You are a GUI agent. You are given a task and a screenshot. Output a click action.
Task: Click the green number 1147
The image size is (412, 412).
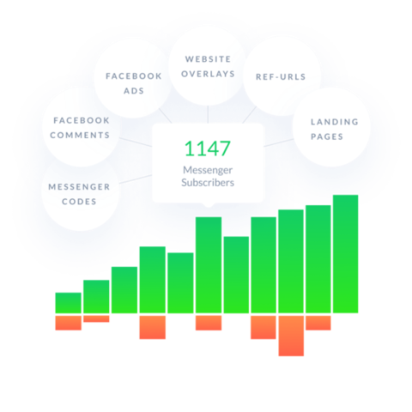coord(207,148)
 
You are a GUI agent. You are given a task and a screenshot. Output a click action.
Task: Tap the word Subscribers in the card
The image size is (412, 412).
coord(208,183)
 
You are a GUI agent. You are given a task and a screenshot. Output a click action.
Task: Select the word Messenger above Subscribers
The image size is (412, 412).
coord(208,170)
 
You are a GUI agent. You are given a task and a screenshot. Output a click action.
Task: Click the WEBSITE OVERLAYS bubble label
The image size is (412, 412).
coord(208,66)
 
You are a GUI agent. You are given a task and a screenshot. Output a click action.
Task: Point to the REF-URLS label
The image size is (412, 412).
coord(281,76)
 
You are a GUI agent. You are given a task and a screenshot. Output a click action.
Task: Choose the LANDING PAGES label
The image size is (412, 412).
coord(335,130)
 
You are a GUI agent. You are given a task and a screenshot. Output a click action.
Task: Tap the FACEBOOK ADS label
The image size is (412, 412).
coord(134,83)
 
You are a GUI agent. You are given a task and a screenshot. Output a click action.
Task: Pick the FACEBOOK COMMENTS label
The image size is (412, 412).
coord(80,128)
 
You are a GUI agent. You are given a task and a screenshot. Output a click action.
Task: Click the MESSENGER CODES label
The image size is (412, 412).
coord(79,194)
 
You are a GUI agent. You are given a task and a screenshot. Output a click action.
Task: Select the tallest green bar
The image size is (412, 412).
coord(345,254)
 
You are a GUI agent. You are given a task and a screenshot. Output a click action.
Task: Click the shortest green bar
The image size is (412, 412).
coord(68,303)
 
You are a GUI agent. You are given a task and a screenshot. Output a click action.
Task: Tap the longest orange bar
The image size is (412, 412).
coord(291,336)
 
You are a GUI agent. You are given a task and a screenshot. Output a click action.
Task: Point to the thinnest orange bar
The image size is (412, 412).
coord(96,318)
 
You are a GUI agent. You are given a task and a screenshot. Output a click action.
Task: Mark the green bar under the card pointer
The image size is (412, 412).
coord(209,265)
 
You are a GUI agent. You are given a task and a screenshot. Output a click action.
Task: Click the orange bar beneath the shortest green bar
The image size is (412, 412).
coord(68,323)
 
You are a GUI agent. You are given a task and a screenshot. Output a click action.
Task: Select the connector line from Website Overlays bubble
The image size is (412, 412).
coord(208,114)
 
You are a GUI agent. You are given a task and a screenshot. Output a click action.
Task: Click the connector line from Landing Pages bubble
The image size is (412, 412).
coord(278,142)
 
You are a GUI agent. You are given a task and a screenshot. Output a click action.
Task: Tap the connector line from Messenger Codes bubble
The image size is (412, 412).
coord(136,179)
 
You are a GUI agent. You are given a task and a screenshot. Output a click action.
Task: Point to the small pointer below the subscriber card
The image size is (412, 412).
coord(209,204)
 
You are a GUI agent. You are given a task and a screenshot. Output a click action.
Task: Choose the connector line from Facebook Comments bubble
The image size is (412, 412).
coord(136,142)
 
